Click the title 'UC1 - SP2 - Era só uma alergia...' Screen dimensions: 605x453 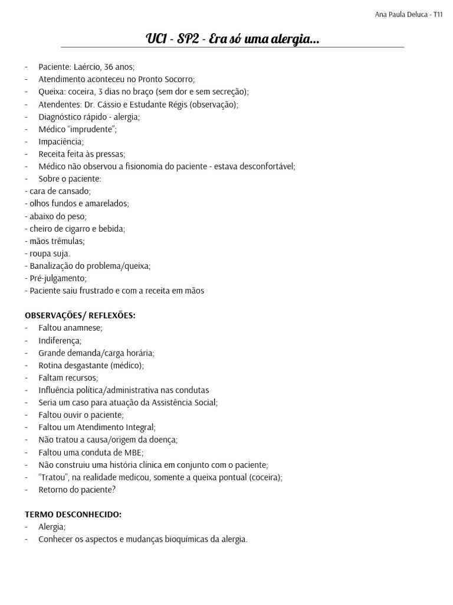(232, 40)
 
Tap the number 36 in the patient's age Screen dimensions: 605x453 (109, 67)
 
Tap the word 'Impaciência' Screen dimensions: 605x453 (61, 142)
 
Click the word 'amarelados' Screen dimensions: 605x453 (106, 204)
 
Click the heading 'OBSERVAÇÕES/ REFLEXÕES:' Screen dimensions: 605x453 (80, 315)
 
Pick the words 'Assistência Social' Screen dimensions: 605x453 (184, 402)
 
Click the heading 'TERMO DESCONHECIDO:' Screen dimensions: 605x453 (73, 515)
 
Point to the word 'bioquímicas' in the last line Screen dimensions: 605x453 (182, 539)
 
